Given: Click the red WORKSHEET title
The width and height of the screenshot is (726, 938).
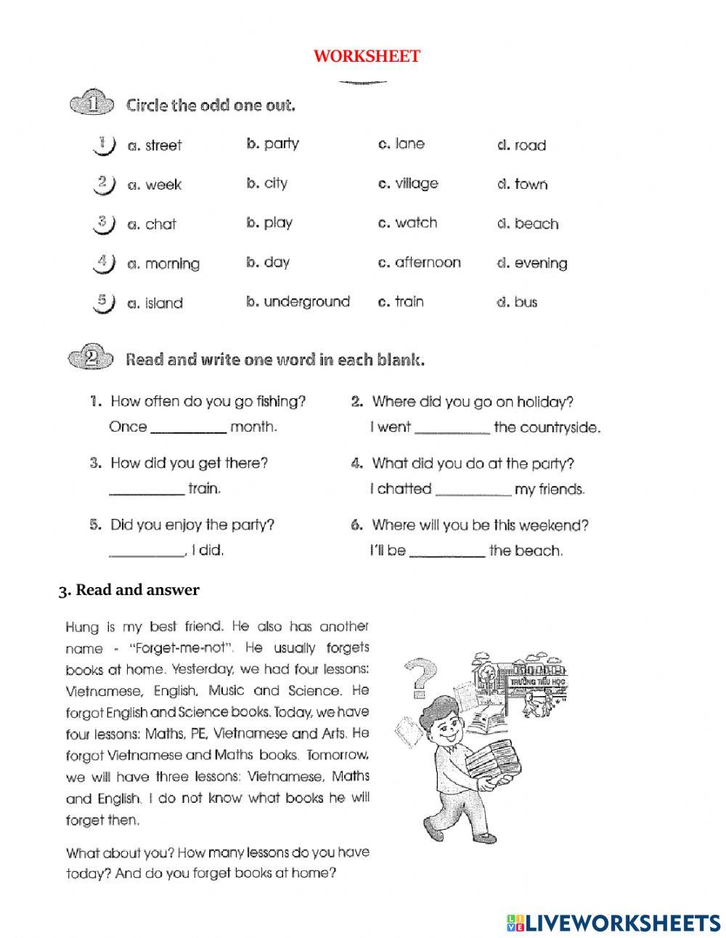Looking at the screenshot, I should (x=367, y=57).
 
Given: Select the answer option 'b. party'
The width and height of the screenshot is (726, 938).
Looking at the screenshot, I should (x=272, y=144).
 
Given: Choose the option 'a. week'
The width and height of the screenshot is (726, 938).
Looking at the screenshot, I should (x=154, y=185).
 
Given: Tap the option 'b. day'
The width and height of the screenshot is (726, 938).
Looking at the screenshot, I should (x=268, y=262).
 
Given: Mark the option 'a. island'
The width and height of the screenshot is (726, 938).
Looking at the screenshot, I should (x=155, y=303).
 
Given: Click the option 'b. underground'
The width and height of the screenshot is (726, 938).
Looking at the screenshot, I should (x=298, y=302).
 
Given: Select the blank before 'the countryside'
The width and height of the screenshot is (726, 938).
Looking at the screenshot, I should (x=452, y=429).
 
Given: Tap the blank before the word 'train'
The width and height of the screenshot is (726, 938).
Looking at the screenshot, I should (x=146, y=491).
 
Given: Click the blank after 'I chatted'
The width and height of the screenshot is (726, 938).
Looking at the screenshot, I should (x=473, y=491).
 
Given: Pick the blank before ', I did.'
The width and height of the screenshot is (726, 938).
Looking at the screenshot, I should (x=146, y=553).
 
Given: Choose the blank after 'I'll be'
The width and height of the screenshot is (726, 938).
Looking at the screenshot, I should (x=446, y=553).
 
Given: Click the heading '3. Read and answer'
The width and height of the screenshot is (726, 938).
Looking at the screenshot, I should (x=129, y=590).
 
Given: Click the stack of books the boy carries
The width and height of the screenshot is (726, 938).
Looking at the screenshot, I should (x=494, y=767).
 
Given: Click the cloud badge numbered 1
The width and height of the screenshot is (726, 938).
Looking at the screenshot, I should (x=92, y=105).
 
